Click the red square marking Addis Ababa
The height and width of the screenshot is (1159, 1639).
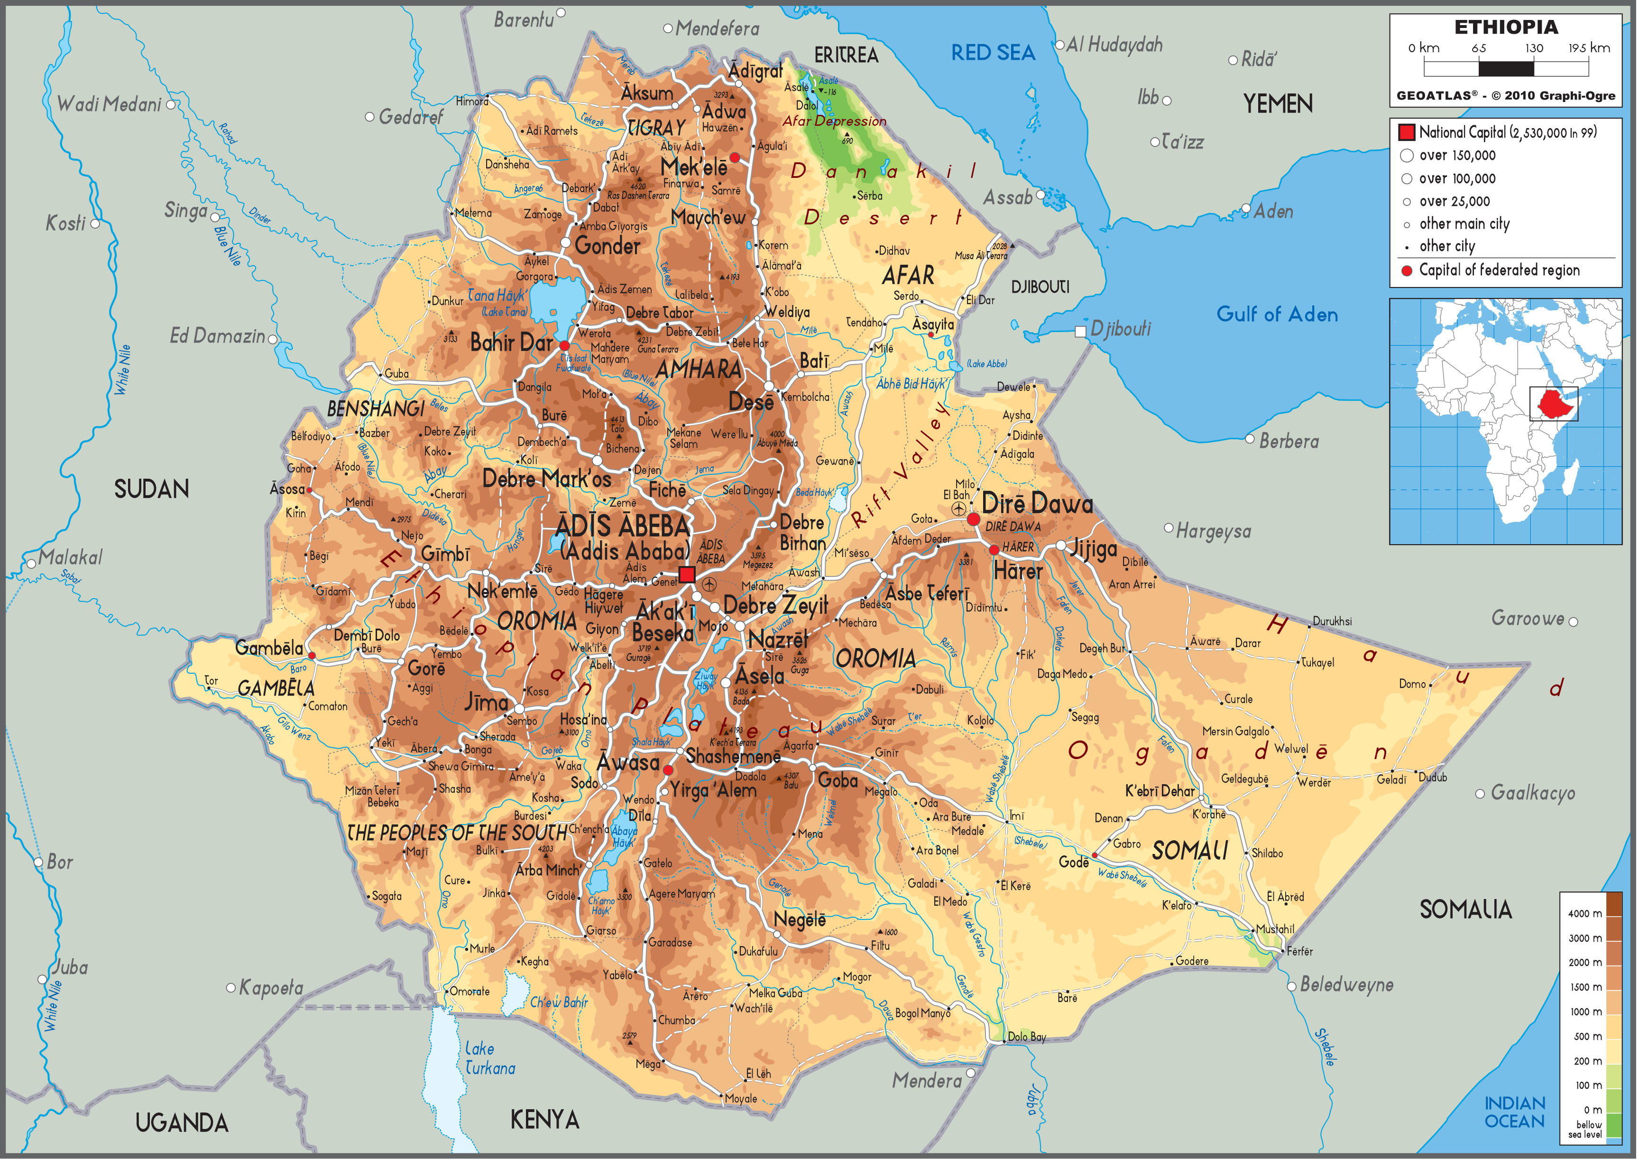click(x=687, y=574)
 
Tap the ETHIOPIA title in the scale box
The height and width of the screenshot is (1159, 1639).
click(x=1506, y=27)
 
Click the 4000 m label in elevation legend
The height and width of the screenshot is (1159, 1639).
click(x=1584, y=913)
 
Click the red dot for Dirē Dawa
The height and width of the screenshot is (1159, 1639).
click(x=973, y=519)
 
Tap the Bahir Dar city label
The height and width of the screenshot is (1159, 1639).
click(x=511, y=343)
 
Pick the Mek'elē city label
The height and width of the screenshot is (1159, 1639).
click(x=693, y=167)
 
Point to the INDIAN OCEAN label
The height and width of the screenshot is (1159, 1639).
click(x=1514, y=1112)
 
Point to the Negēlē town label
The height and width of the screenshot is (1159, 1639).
click(x=800, y=920)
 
